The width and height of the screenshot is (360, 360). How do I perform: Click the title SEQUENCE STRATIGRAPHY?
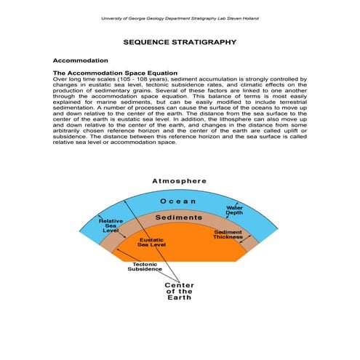(x=179, y=43)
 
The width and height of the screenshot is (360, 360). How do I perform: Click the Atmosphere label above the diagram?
(x=179, y=180)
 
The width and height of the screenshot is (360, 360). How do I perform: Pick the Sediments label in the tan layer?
(x=178, y=217)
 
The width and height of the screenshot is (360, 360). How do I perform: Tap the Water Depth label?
(x=235, y=210)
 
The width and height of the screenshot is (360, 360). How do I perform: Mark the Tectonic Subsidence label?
(x=145, y=266)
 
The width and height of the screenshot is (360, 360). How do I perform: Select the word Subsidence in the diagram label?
(x=145, y=269)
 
